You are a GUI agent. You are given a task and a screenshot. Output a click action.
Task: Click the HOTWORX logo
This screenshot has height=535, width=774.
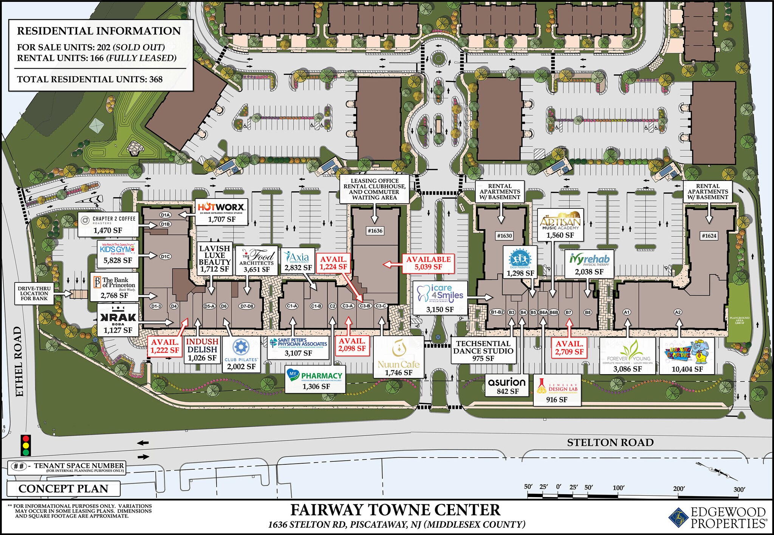(221, 207)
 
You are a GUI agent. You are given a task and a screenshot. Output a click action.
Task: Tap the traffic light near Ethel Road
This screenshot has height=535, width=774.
(26, 446)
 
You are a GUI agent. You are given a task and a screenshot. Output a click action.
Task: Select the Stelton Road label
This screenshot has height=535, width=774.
(610, 442)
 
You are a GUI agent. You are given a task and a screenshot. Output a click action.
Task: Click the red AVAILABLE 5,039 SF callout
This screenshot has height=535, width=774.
(428, 263)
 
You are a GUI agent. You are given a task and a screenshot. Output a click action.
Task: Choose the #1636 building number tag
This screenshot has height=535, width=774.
(375, 231)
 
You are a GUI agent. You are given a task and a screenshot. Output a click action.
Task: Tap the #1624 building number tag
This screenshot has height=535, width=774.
(709, 236)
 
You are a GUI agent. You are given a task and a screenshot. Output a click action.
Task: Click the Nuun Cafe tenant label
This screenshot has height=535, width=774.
(398, 357)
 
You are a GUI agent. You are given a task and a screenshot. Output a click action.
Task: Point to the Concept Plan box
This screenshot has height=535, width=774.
(63, 489)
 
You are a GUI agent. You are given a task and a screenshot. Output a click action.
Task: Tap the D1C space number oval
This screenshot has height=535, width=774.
(165, 256)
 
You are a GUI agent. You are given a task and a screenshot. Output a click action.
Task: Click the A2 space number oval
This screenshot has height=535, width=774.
(678, 312)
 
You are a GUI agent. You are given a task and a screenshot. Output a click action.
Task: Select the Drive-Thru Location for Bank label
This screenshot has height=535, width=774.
(34, 293)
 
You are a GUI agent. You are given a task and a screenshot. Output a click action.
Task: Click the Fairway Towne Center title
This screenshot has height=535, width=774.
(395, 510)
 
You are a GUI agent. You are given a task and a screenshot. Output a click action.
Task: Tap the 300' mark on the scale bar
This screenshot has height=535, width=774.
(739, 490)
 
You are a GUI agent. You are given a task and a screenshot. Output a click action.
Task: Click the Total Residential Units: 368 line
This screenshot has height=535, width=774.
(90, 79)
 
